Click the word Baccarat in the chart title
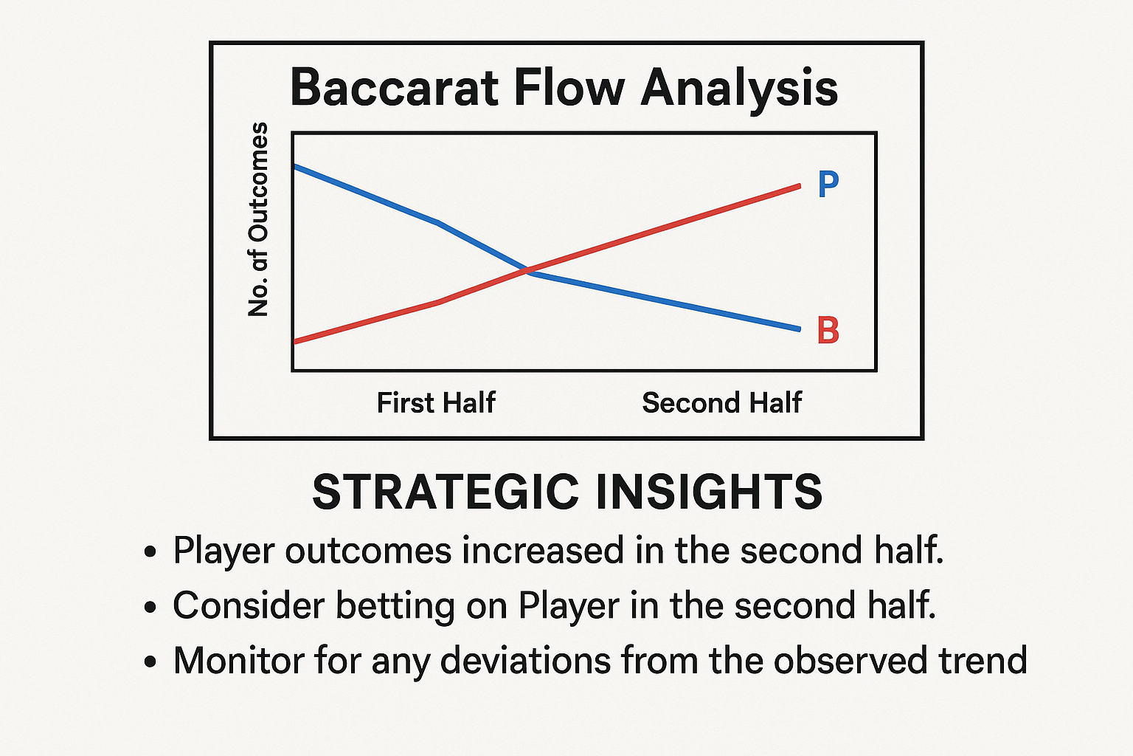click(395, 88)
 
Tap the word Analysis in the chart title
click(739, 92)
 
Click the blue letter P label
click(828, 185)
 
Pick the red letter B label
click(828, 330)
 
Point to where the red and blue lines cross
click(526, 269)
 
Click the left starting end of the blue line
click(295, 167)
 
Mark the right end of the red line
click(799, 186)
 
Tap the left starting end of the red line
click(295, 342)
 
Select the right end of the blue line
click(799, 329)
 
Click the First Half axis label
click(436, 403)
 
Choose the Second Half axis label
click(722, 403)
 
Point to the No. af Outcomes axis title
click(258, 219)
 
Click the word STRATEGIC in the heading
click(446, 492)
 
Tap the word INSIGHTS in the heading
click(709, 492)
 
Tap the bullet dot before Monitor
click(150, 661)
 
